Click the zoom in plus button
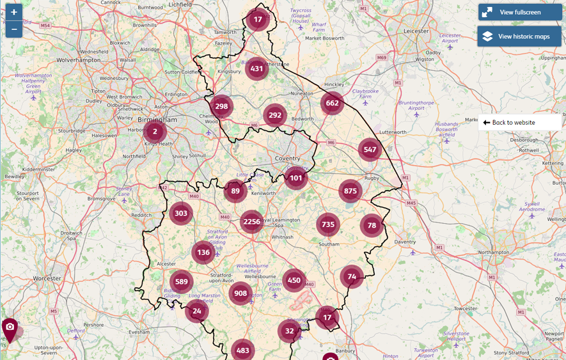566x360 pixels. point(13,12)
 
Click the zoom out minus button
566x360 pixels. point(13,29)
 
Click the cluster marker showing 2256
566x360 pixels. point(252,222)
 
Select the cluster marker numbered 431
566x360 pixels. point(257,69)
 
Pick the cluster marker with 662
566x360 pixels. point(332,103)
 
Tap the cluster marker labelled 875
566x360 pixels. point(350,191)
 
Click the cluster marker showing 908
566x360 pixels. point(240,293)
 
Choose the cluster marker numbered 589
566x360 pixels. point(182,282)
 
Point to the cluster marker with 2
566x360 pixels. point(155,132)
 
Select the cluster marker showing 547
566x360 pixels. point(370,150)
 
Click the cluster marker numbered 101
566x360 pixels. point(295,178)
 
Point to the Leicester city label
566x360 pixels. point(416,31)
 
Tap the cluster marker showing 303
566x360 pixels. point(181,214)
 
